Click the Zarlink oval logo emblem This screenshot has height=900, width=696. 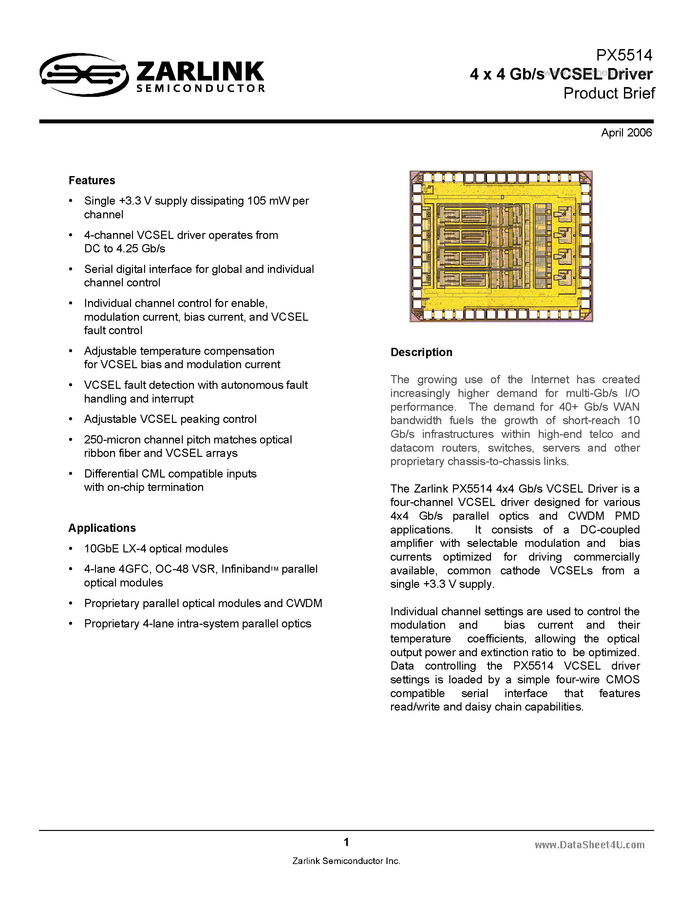(x=84, y=75)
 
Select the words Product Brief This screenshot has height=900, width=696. (x=609, y=94)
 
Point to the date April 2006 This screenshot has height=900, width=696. (x=626, y=133)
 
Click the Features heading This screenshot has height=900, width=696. (x=91, y=181)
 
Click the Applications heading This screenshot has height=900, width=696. (x=102, y=528)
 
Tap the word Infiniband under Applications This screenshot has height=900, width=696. (x=245, y=569)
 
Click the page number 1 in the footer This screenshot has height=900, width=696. (x=346, y=842)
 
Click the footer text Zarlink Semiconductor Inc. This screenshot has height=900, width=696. (x=346, y=861)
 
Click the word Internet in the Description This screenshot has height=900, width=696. (x=550, y=380)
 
